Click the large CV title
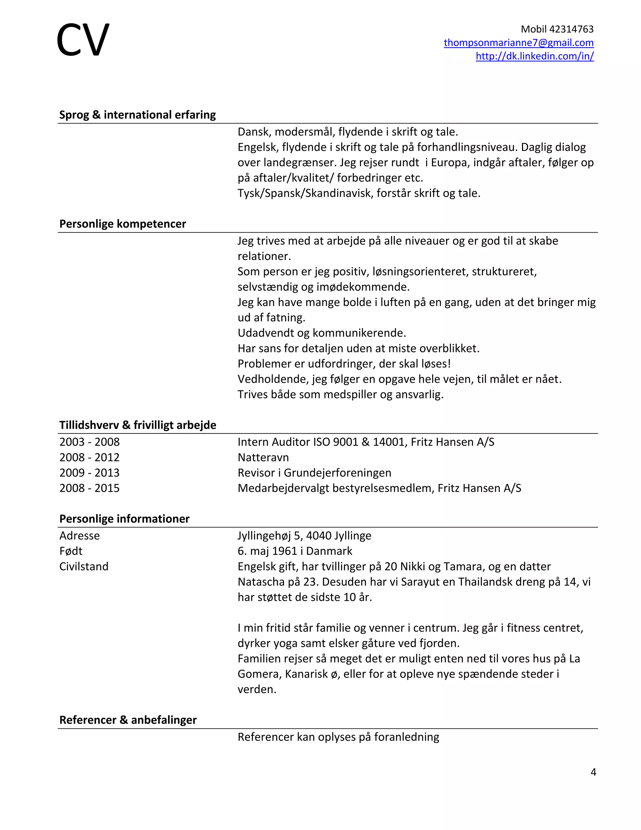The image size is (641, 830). tap(83, 40)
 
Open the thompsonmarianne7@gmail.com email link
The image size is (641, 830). tap(518, 43)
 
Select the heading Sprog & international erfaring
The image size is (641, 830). tap(137, 115)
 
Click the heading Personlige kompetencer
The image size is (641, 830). tap(123, 224)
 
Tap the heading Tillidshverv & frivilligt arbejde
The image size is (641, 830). tap(137, 425)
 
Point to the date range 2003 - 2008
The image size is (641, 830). tap(89, 442)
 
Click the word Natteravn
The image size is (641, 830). tap(263, 457)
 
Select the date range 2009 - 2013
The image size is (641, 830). tap(89, 473)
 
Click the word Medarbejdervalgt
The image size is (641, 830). tap(283, 488)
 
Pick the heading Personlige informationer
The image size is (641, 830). tap(124, 519)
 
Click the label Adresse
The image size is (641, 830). tap(79, 536)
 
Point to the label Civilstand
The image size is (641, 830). tap(84, 567)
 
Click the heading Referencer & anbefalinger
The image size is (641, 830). tap(128, 720)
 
